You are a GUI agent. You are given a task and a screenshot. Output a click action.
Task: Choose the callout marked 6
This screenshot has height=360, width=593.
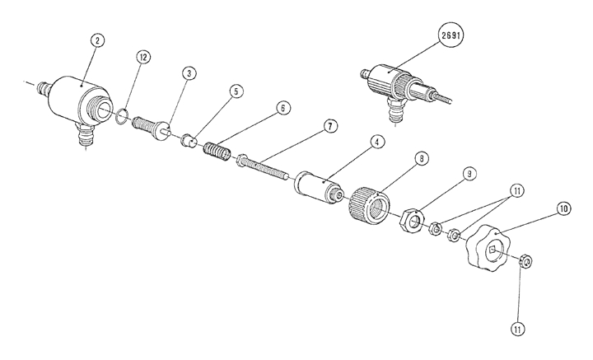tap(282, 108)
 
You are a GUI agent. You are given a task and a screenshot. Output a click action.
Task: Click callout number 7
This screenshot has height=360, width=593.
tap(329, 126)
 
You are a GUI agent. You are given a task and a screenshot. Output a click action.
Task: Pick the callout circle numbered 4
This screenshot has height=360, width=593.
tap(376, 142)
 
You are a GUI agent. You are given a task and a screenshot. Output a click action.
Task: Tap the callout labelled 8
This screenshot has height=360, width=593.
tap(422, 158)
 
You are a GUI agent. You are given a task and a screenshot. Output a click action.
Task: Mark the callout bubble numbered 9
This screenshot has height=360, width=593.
tap(468, 175)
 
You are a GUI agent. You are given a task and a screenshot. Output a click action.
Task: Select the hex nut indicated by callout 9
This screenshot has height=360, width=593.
tap(411, 221)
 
